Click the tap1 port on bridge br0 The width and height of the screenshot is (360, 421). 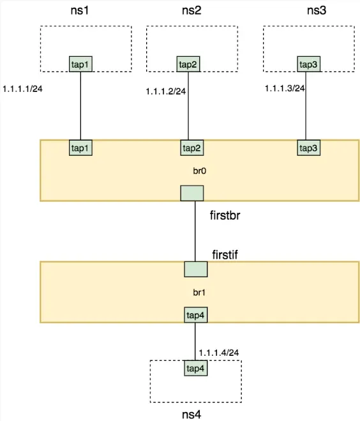pos(80,148)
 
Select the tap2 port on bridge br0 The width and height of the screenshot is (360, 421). pos(191,148)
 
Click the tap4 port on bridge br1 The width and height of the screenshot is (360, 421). pos(195,314)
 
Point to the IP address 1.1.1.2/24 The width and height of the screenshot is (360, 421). pos(166,91)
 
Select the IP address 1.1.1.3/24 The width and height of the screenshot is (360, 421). pos(285,88)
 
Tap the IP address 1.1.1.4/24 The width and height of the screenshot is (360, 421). pos(218,352)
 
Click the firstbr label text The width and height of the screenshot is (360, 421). pos(228,215)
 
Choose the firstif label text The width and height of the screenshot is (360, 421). pos(225,255)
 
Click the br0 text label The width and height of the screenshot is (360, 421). pos(199,172)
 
